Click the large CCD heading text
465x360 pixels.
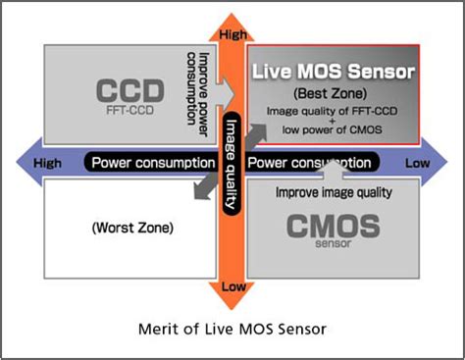130,90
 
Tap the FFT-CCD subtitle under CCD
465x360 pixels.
129,110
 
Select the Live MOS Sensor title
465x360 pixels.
334,72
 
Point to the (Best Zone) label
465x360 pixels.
330,93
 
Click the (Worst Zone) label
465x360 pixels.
132,228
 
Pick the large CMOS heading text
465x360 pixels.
334,226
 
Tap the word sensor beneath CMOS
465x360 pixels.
334,243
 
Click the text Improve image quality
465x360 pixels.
334,192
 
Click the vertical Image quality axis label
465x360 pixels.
232,164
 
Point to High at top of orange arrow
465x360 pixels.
232,34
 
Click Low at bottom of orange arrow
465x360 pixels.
233,286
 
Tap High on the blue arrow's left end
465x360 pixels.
47,163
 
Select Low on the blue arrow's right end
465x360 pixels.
418,163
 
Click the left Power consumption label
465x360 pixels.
153,163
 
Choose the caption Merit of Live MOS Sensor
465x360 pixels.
232,329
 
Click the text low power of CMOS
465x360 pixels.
332,129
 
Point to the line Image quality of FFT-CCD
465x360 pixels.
332,111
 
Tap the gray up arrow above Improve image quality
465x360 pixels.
334,170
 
